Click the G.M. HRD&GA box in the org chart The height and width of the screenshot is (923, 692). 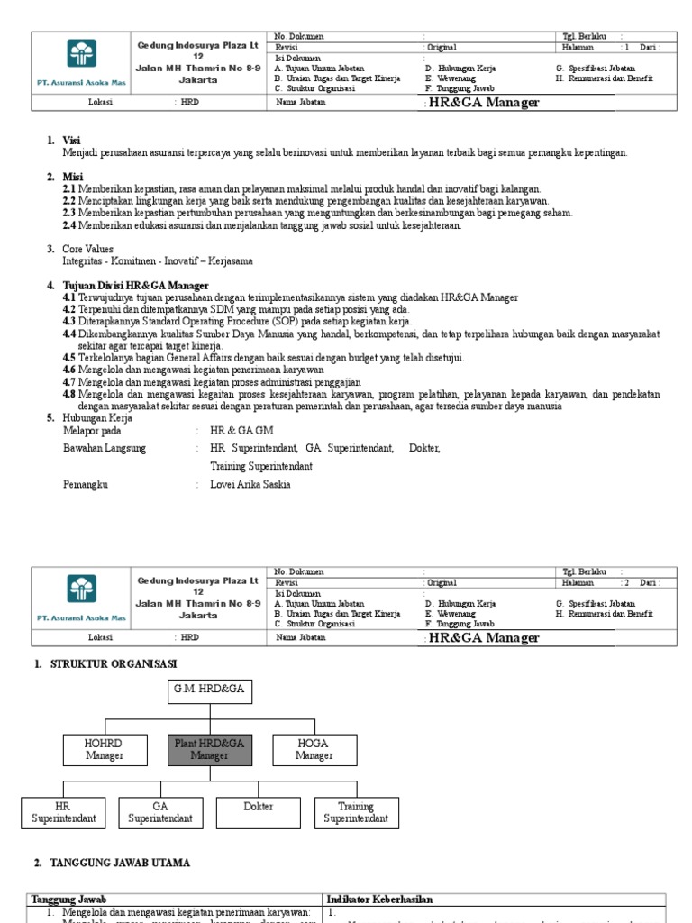pos(210,692)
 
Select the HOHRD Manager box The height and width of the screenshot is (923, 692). pos(104,749)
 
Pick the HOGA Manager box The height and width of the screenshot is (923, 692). pos(313,749)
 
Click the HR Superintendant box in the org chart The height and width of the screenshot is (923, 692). pos(62,812)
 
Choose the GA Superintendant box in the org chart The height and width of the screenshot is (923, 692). pos(160,812)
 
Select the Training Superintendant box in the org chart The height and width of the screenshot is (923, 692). pos(356,812)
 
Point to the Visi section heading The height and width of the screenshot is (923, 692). pos(71,141)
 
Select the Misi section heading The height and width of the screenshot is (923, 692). pos(72,177)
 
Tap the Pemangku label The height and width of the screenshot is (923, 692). pos(85,484)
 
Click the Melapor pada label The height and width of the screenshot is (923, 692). pos(92,431)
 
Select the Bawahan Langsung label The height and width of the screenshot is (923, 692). pos(102,448)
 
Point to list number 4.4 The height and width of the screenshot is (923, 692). pos(69,334)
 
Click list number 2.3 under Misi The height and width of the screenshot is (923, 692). pos(69,214)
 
